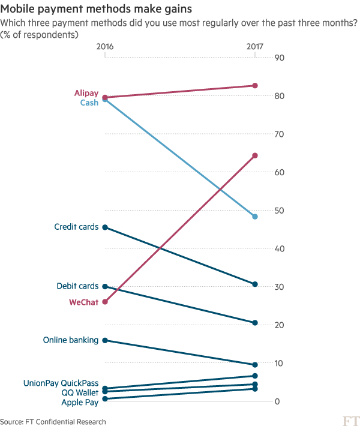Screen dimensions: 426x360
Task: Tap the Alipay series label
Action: (86, 94)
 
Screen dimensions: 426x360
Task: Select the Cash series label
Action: (89, 103)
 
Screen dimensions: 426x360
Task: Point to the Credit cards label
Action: (76, 227)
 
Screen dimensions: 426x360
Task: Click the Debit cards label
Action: (77, 286)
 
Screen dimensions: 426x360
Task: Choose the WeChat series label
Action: (83, 302)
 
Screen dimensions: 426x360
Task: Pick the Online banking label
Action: (70, 340)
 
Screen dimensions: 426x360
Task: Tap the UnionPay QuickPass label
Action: (61, 383)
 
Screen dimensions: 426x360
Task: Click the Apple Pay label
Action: (79, 401)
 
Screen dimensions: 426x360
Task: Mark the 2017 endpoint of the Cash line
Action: (255, 217)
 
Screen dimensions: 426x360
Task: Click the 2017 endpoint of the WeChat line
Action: (255, 156)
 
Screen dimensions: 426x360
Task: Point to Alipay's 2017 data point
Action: (255, 86)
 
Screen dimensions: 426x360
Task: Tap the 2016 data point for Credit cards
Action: (105, 227)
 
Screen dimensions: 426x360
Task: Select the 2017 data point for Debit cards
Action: (255, 323)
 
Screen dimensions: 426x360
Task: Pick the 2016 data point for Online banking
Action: (105, 340)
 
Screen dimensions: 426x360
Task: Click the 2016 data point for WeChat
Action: (105, 302)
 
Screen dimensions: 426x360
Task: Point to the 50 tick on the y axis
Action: (279, 211)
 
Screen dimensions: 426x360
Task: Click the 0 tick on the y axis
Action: (277, 401)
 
